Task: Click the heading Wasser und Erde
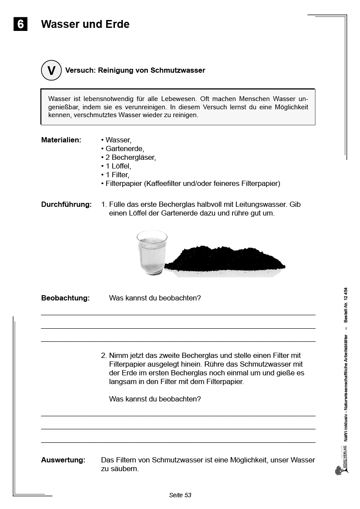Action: (85, 24)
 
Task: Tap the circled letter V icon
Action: (51, 71)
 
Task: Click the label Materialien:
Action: (61, 140)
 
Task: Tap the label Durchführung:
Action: (66, 204)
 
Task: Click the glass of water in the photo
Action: (151, 253)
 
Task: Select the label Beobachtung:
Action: (65, 298)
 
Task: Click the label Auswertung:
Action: (63, 460)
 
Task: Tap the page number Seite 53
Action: (180, 495)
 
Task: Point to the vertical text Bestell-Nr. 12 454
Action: (346, 304)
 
